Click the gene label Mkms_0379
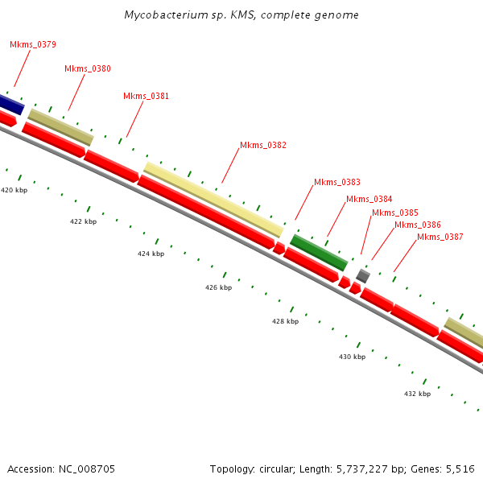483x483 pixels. (33, 44)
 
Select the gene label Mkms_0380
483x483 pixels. (88, 68)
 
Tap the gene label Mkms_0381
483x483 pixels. (146, 96)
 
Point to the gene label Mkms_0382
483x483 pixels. (263, 145)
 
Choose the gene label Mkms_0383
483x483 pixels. (337, 182)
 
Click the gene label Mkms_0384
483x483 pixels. (369, 199)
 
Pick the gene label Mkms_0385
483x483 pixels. (395, 213)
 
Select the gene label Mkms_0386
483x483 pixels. (418, 225)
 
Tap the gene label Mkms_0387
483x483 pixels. (440, 237)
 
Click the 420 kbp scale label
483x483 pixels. (14, 190)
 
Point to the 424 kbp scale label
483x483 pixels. (151, 254)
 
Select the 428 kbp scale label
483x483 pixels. (285, 321)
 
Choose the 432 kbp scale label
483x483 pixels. (417, 394)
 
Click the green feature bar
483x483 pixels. (319, 253)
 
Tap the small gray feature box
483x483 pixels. (363, 276)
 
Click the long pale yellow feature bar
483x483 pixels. (213, 199)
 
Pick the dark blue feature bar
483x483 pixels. (10, 104)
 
